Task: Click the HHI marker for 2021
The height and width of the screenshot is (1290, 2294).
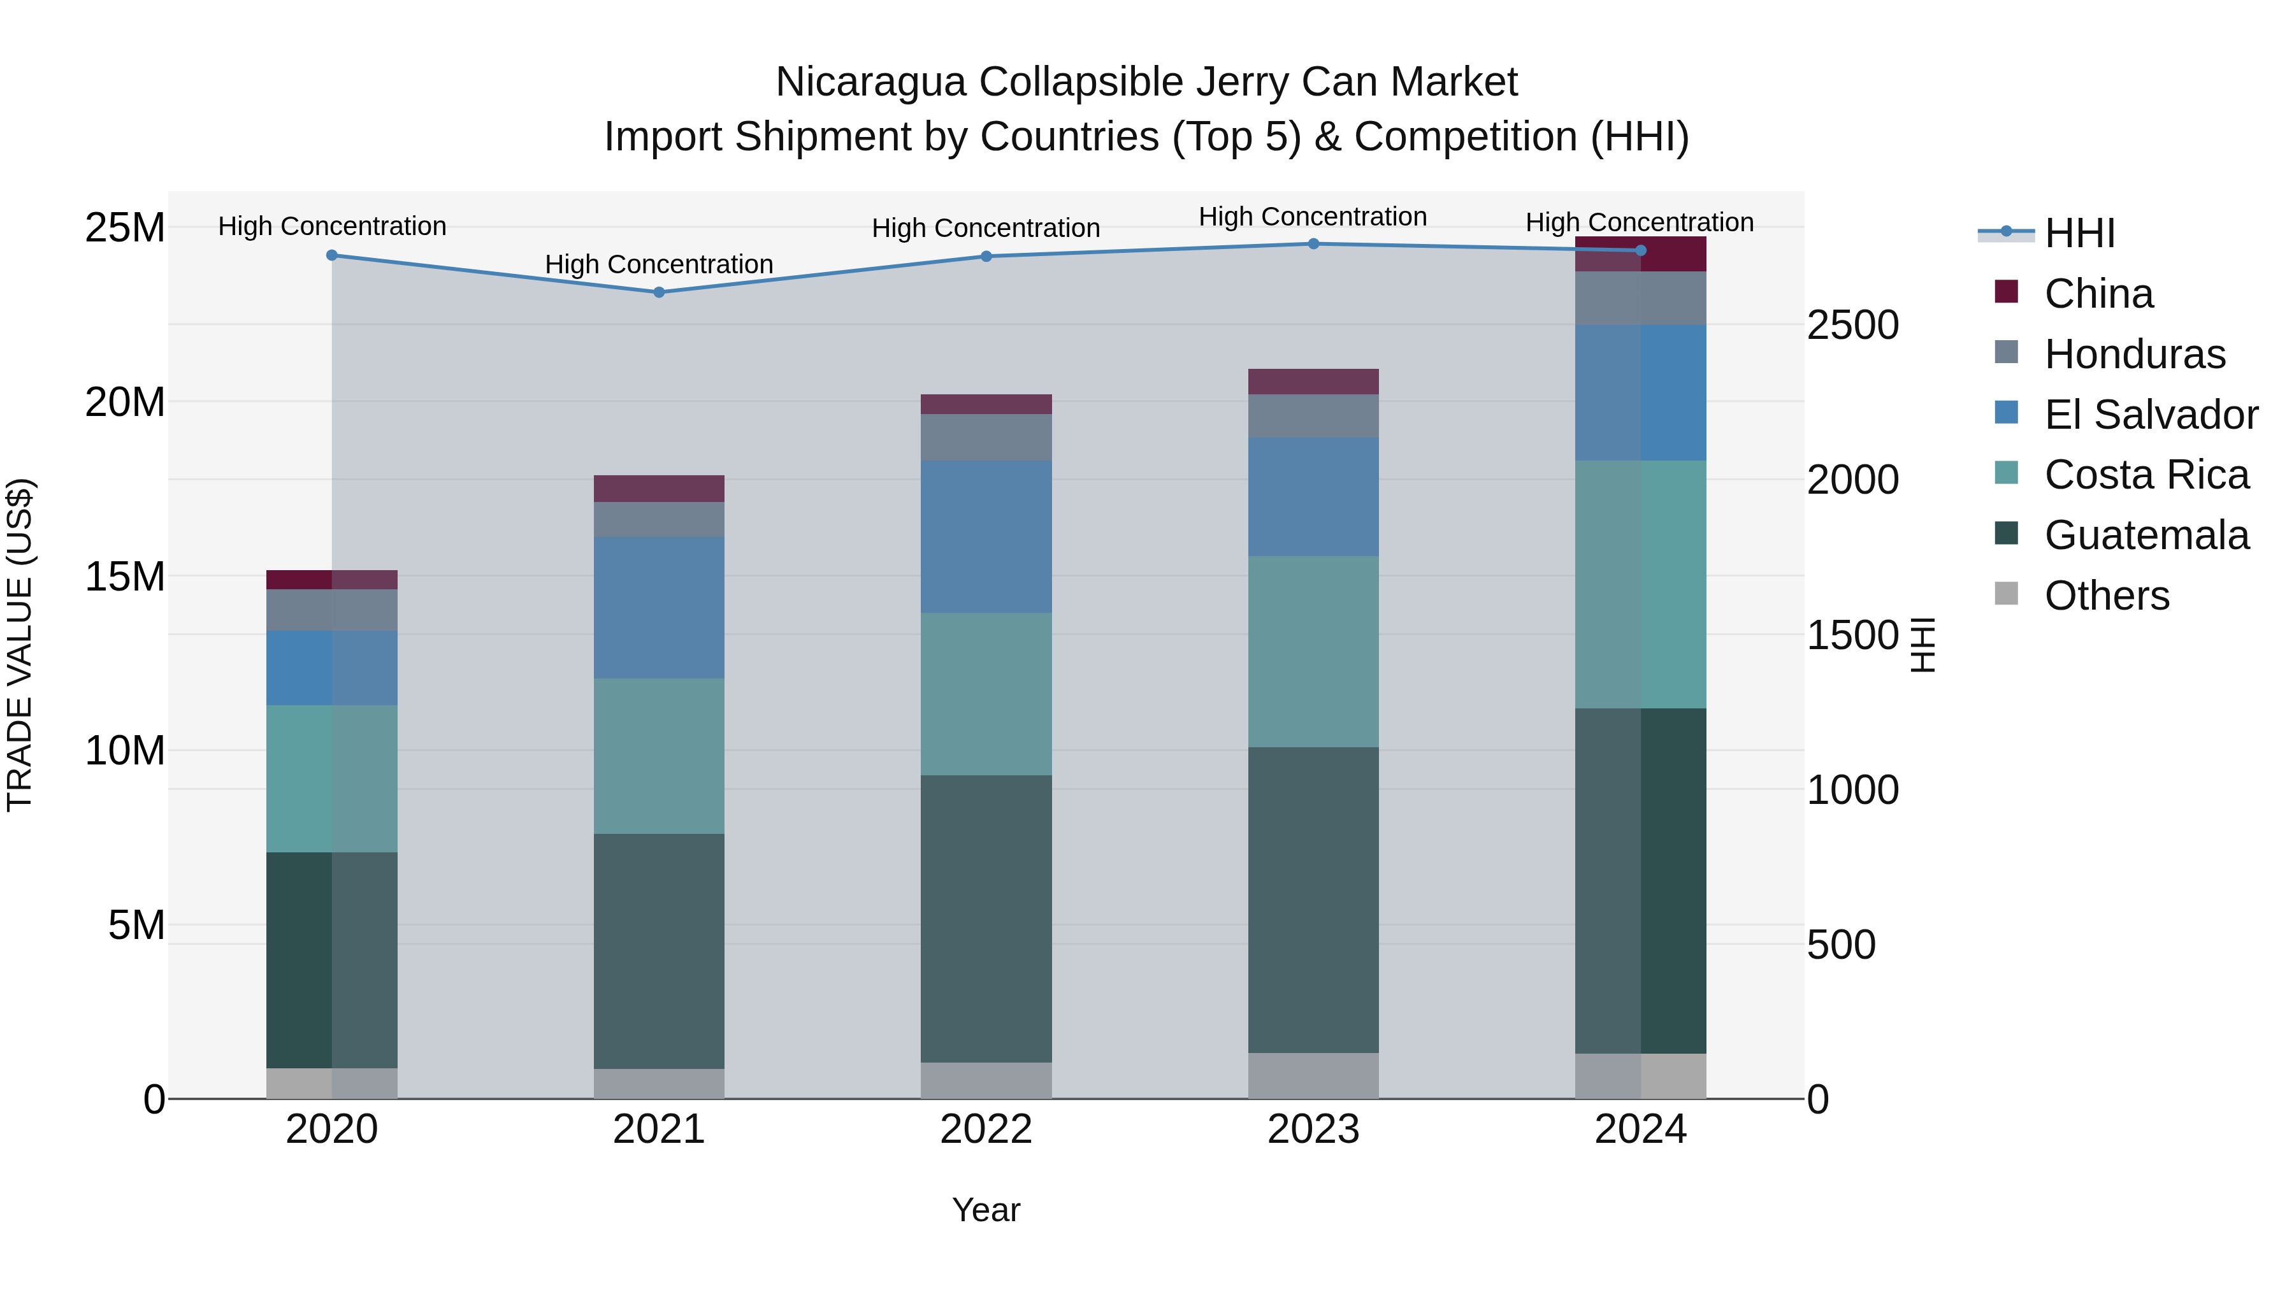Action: [659, 292]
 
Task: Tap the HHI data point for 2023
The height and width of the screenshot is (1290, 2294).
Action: [1313, 244]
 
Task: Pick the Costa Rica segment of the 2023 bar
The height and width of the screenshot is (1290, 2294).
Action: [1313, 651]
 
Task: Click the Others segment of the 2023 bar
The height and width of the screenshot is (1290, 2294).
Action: [1313, 1075]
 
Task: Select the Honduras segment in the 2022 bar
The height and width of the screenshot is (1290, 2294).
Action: [986, 437]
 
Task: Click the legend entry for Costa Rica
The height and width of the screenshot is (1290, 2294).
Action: [2146, 475]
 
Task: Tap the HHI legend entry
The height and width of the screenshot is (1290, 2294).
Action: [2079, 233]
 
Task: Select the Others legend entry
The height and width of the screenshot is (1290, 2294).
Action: [2106, 596]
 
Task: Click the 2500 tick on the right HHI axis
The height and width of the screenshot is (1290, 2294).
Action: [1852, 325]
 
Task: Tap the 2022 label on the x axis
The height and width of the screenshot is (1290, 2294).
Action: [986, 1129]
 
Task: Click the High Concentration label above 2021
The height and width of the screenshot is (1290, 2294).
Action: [659, 264]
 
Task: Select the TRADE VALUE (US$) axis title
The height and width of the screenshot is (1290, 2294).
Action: [20, 645]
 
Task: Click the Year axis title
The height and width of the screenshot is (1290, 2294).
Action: [986, 1210]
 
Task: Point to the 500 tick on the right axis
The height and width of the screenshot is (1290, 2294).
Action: [1841, 945]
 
